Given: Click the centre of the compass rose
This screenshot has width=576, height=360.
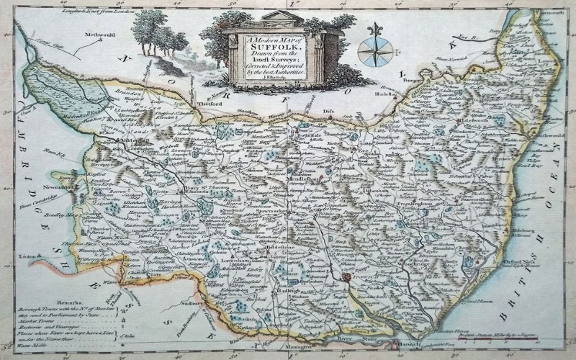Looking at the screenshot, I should click(374, 53).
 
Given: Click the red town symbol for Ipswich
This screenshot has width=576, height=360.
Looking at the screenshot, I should click(346, 276).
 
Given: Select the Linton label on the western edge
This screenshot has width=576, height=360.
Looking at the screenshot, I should click(27, 256).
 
